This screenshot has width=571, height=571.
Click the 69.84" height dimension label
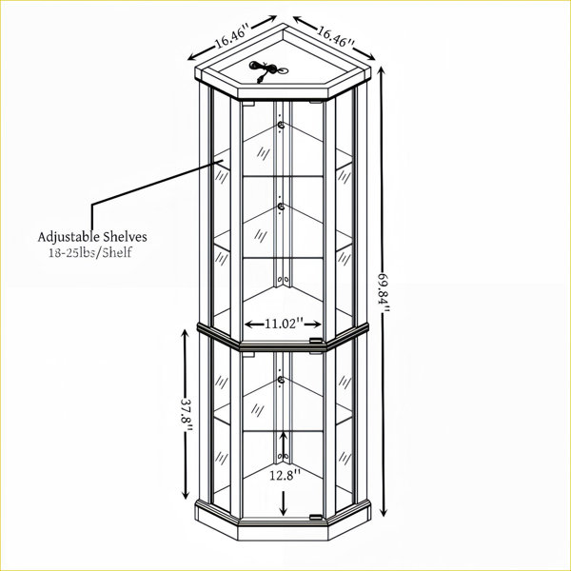coord(384,292)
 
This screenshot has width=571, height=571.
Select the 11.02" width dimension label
coord(284,324)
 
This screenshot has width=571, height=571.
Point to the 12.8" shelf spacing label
coord(285,475)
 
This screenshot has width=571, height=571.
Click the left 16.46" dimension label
coord(233,36)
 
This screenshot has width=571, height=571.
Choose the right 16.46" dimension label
coord(335,36)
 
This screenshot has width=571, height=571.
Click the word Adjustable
coord(69,237)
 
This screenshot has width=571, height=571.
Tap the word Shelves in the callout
coord(125,237)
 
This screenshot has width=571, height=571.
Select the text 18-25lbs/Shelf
coord(90,252)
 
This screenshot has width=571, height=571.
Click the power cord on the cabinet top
coord(266,69)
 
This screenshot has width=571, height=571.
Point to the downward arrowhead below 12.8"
coord(284,511)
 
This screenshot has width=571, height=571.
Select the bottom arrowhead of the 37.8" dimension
coord(186,493)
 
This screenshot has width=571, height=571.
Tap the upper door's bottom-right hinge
coord(316,342)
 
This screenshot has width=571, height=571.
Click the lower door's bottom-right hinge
coord(316,517)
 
